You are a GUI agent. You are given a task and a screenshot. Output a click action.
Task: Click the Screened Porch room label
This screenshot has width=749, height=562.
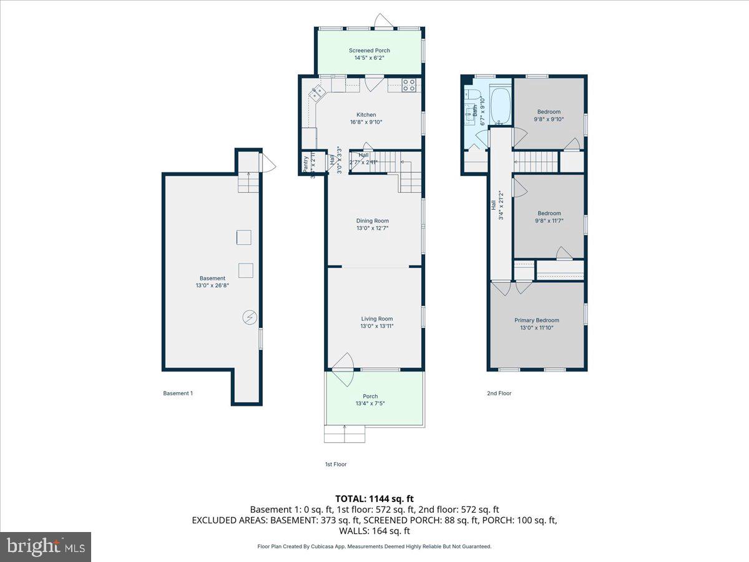pos(370,51)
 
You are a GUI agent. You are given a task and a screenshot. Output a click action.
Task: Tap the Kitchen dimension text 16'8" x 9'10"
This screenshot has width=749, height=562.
pos(366,122)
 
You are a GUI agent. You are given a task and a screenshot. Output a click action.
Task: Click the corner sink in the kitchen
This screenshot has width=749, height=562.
pos(317,94)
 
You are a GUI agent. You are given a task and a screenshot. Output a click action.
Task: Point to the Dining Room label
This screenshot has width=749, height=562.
pos(372,220)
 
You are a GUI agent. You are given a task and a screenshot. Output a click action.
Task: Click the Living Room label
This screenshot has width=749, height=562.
pos(376,318)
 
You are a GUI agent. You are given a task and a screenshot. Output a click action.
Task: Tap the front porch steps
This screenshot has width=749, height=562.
pos(344,434)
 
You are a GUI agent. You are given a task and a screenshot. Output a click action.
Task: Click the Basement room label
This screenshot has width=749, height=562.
pos(212,279)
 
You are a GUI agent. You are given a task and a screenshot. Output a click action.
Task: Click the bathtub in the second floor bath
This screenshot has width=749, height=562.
pos(500,106)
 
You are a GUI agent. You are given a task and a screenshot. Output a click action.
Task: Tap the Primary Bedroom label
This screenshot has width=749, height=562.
pos(536,320)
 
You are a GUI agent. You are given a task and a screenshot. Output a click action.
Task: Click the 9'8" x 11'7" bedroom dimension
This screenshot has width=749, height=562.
pos(549,220)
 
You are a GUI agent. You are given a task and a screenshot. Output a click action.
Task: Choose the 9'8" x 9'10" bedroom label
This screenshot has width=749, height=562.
pos(549,112)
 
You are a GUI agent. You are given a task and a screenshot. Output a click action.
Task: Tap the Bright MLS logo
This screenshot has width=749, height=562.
pos(46,546)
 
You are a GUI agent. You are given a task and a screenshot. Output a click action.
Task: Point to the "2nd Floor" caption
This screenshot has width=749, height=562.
pos(499,393)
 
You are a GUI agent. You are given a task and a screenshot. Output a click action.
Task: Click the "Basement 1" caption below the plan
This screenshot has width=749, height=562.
pos(178,393)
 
